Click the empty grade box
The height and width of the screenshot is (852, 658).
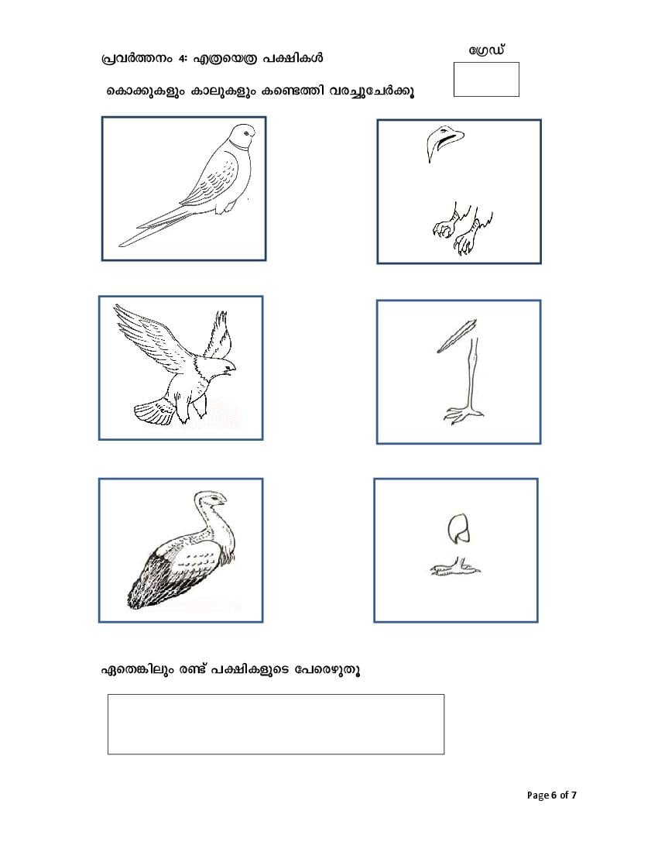pos(486,79)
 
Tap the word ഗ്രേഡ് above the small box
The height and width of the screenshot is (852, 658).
pos(487,50)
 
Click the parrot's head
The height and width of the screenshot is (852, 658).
pos(242,136)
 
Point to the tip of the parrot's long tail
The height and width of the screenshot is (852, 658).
pos(119,245)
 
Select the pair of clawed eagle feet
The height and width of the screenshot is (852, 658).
pos(463,228)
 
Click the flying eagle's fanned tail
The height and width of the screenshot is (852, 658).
pos(153,411)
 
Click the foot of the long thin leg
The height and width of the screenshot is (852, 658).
pos(464,414)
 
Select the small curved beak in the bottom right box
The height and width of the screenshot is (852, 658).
pos(459,527)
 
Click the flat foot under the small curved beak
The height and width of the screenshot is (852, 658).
pos(455,567)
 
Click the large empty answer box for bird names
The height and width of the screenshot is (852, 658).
pos(276,723)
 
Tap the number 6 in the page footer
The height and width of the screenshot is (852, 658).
pos(553,795)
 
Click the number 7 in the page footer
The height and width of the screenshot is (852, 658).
pos(574,795)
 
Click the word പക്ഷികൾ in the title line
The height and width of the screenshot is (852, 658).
pos(293,57)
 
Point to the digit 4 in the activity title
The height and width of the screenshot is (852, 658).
pos(181,58)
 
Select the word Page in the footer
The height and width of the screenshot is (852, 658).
pos(537,795)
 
